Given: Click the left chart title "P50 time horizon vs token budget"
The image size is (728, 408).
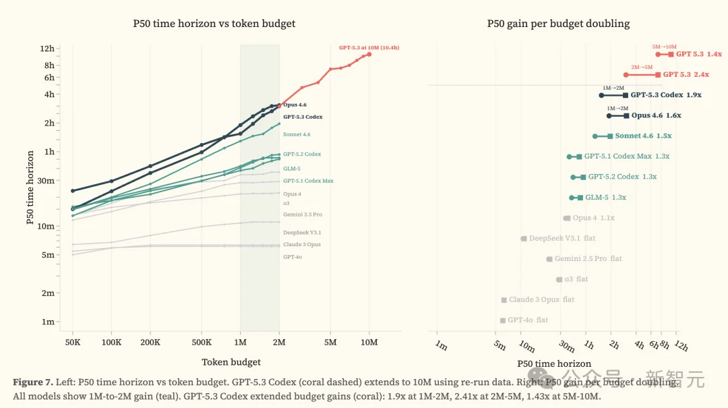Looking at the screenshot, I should (x=214, y=24).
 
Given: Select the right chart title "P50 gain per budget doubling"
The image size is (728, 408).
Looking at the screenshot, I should (x=558, y=24).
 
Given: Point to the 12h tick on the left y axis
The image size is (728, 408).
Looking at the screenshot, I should (x=47, y=49).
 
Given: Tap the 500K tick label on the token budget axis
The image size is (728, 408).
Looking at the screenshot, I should (x=202, y=343).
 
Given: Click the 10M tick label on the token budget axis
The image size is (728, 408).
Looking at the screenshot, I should (x=369, y=343).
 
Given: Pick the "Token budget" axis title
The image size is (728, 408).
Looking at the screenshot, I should (x=231, y=362).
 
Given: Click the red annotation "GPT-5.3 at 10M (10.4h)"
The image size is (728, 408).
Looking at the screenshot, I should (x=369, y=48).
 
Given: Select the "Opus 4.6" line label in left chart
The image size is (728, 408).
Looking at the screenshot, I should (x=295, y=105).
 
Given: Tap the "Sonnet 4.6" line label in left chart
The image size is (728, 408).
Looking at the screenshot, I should (x=297, y=135).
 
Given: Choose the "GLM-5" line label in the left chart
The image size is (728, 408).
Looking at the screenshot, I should (x=292, y=169).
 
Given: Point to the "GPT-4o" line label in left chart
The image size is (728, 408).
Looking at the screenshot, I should (x=293, y=257).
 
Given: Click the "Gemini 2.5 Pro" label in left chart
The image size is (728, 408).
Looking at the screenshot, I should (x=302, y=214).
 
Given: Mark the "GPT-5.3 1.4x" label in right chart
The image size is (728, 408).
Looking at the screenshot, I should (x=698, y=54).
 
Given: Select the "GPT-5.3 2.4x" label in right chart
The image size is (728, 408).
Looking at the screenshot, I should (x=686, y=75).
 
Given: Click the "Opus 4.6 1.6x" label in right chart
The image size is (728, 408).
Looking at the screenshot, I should (x=656, y=116).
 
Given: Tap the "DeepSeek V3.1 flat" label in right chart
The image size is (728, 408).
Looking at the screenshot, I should (x=562, y=239).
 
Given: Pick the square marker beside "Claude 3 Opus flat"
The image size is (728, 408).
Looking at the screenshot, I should (x=504, y=300).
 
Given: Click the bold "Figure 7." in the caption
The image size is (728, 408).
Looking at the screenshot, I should (x=32, y=382).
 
